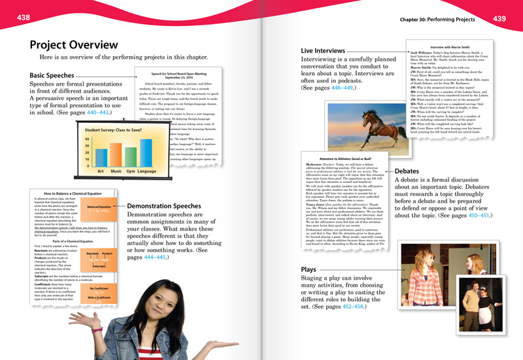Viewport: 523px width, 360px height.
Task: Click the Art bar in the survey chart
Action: [100, 158]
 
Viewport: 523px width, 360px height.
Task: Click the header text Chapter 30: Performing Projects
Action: [437, 20]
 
